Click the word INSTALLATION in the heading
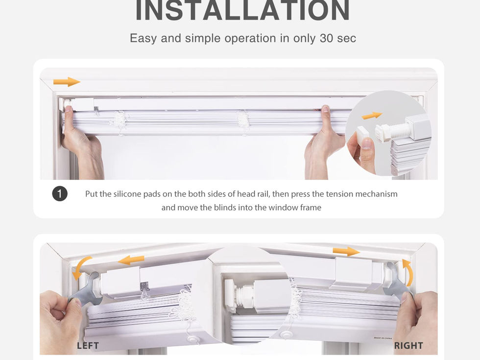[x=242, y=10]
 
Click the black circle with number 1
[x=60, y=194]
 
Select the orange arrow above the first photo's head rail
[x=67, y=82]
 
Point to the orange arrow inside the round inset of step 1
[x=372, y=116]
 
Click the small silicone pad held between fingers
[x=363, y=133]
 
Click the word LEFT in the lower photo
[x=88, y=346]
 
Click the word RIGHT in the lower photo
[x=408, y=346]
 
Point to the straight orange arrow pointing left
[x=131, y=260]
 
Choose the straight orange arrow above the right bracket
[x=346, y=251]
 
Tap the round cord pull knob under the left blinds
[x=193, y=339]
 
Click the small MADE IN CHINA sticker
[x=383, y=338]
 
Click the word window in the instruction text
[x=283, y=208]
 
